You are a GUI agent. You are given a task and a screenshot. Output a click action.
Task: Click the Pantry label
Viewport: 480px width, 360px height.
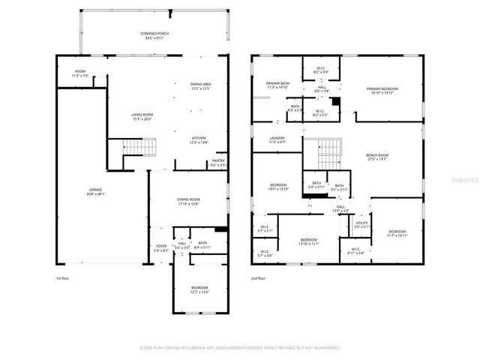point(218,162)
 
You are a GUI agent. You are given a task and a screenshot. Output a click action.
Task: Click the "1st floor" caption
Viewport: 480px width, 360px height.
point(63,278)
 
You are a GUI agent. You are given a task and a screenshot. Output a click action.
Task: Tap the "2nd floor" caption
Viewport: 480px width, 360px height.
point(258,278)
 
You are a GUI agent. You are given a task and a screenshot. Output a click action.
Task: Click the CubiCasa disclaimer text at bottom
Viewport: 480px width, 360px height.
point(239,348)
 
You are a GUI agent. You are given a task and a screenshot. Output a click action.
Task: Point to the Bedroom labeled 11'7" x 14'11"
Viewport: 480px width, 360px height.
point(397,232)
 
